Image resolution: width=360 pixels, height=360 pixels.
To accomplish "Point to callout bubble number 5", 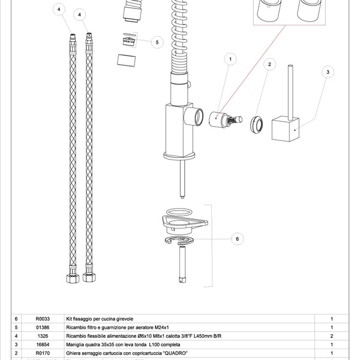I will tap(156, 43).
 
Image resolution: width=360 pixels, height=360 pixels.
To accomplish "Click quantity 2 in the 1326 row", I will tap(332, 336).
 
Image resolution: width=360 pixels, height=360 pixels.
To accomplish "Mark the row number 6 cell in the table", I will tap(16, 319).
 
